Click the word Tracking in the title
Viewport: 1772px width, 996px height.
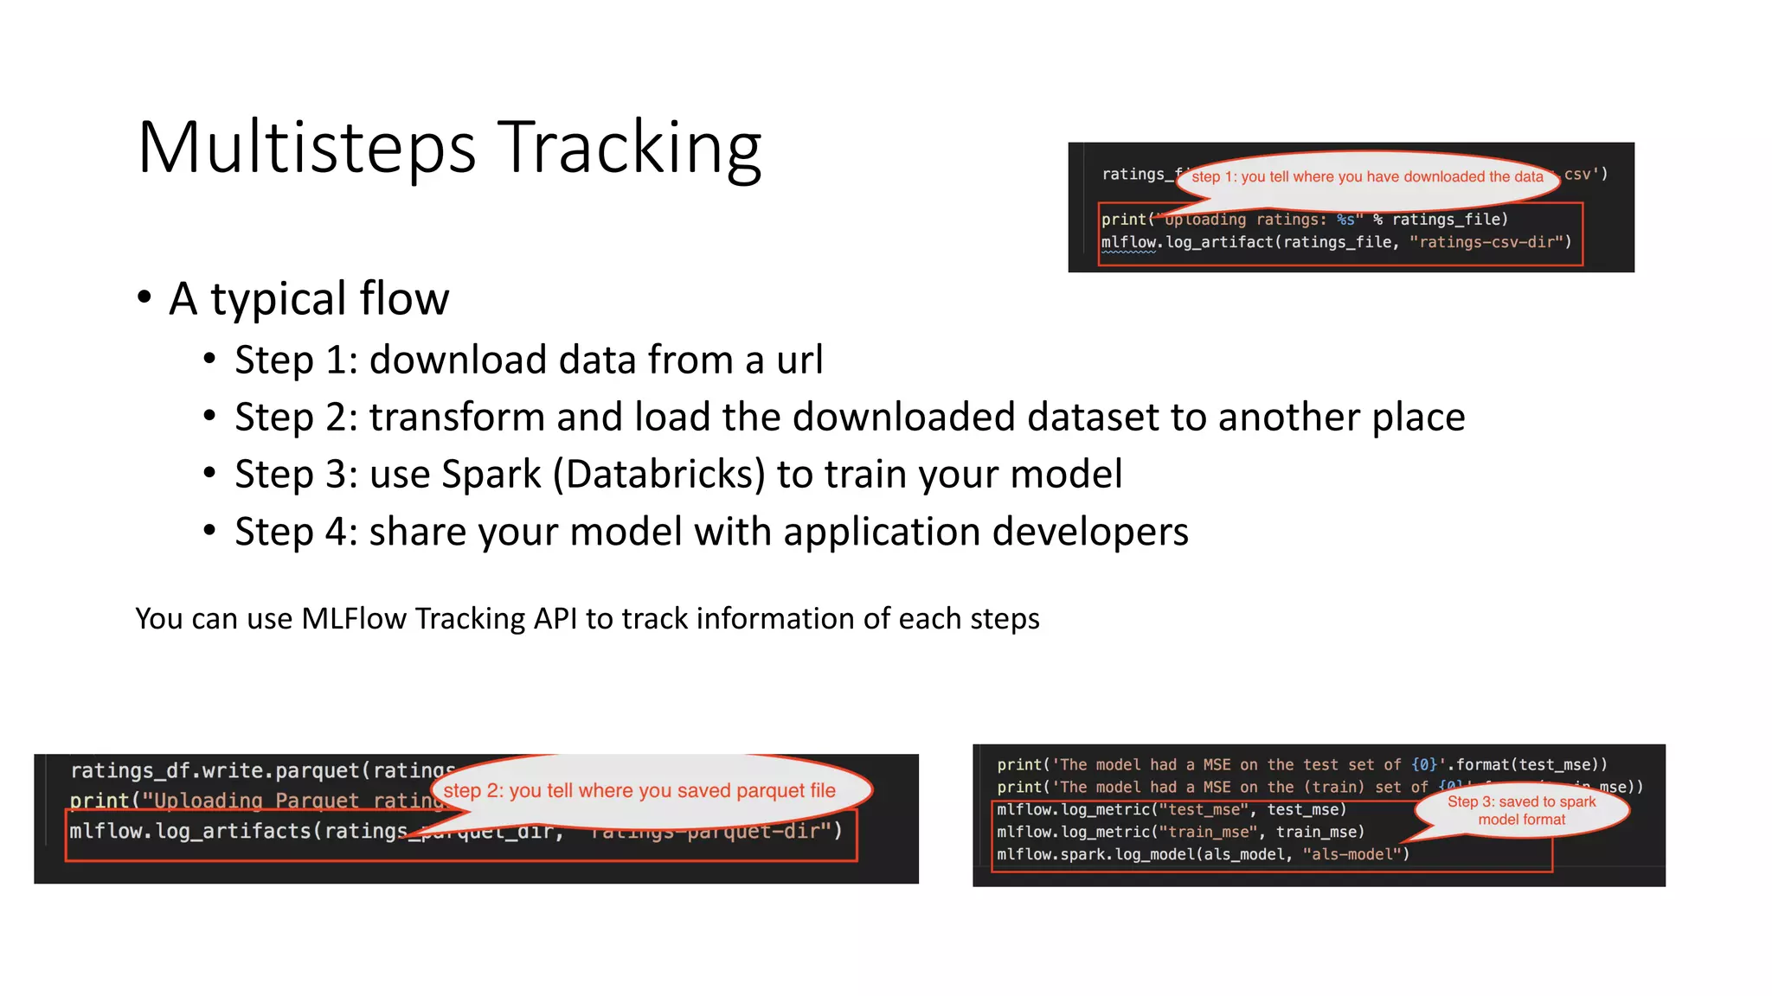629,149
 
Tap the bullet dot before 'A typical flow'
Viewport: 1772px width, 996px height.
144,297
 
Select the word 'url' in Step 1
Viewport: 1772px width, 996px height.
799,360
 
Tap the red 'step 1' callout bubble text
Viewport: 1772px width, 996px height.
1367,177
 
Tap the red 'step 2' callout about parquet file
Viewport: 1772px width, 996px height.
639,790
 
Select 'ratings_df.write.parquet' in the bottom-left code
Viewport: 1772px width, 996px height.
215,770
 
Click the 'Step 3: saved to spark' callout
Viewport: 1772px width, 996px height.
1521,810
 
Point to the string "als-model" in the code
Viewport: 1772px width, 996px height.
1351,854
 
